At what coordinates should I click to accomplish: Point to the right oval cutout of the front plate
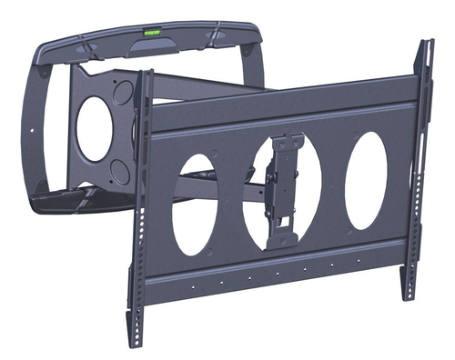[x=365, y=179]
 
